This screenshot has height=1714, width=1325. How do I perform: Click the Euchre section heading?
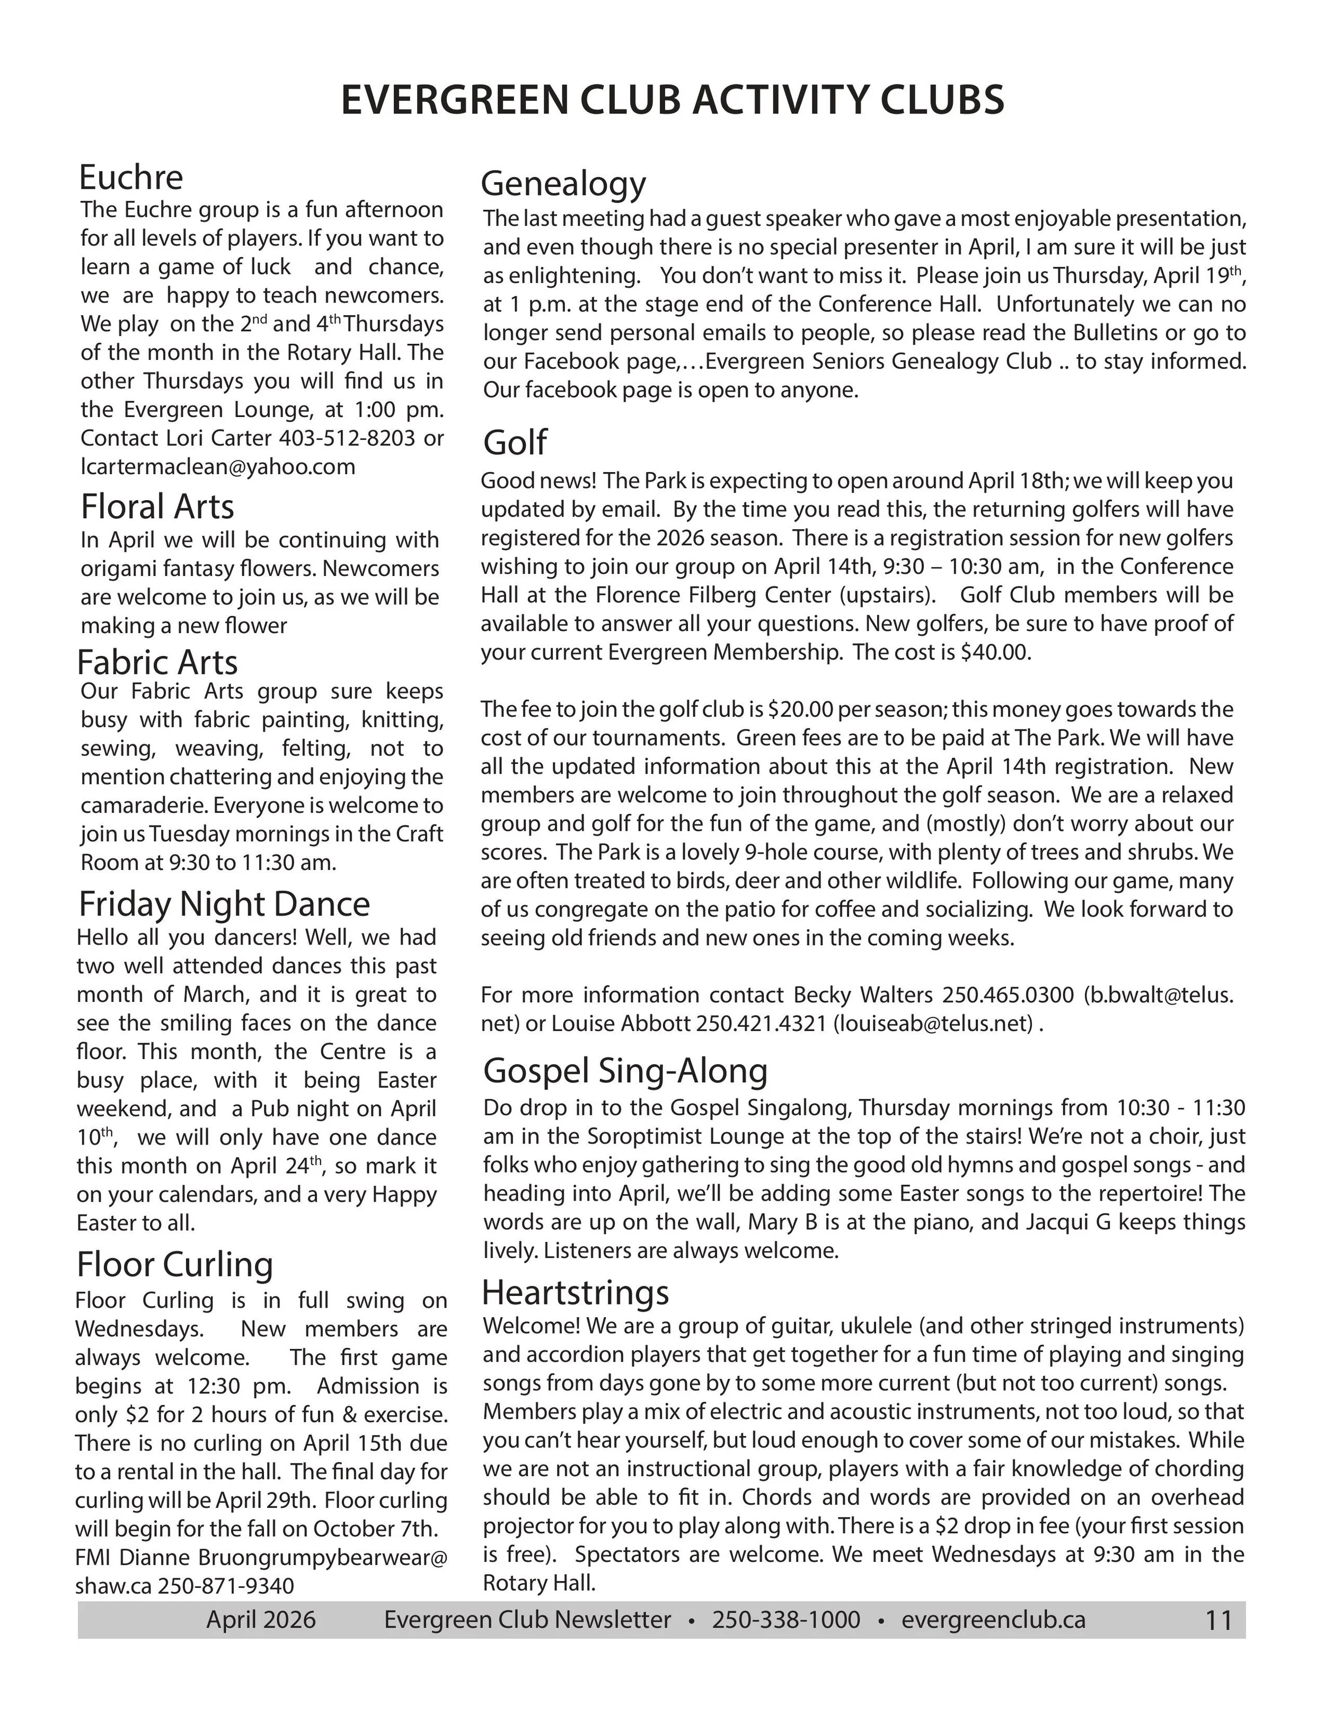(130, 177)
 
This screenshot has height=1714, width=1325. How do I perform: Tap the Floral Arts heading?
(157, 507)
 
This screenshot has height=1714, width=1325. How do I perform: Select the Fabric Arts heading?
(157, 663)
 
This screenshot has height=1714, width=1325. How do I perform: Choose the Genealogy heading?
(563, 184)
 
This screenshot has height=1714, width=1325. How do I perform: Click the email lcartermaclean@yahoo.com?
(217, 467)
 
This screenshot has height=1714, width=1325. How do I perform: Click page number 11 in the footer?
(1218, 1621)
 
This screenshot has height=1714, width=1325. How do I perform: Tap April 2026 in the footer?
(261, 1620)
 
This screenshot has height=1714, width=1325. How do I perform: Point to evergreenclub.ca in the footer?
(993, 1620)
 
